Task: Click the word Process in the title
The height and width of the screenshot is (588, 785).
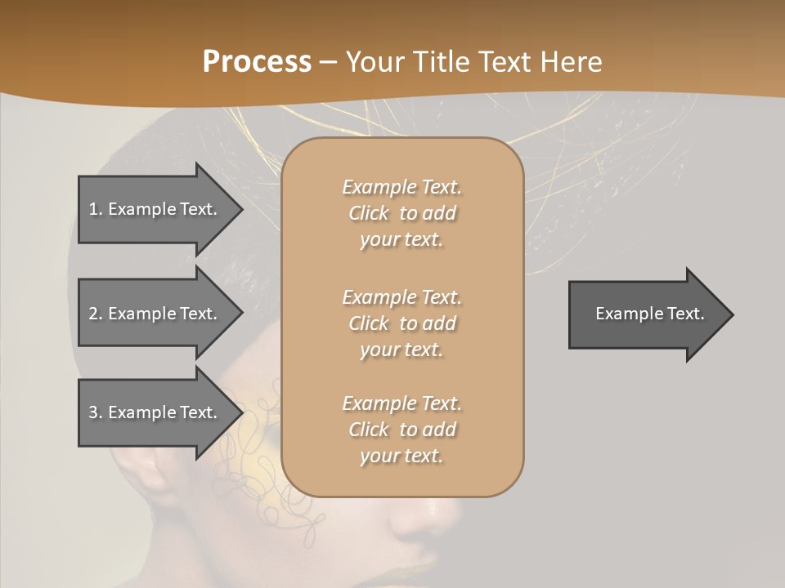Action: [x=257, y=61]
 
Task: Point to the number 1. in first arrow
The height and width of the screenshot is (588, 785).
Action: [x=96, y=209]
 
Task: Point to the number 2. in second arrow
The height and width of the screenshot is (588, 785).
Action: [x=96, y=314]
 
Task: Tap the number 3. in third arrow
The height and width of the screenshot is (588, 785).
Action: [x=96, y=412]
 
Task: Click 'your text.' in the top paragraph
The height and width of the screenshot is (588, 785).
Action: [x=401, y=240]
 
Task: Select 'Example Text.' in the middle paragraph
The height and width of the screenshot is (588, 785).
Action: [x=401, y=297]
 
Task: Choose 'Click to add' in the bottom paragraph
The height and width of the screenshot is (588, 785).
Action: [x=401, y=430]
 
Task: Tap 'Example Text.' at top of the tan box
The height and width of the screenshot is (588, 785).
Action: [x=401, y=187]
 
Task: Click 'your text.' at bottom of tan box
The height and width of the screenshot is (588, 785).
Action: [x=401, y=457]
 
